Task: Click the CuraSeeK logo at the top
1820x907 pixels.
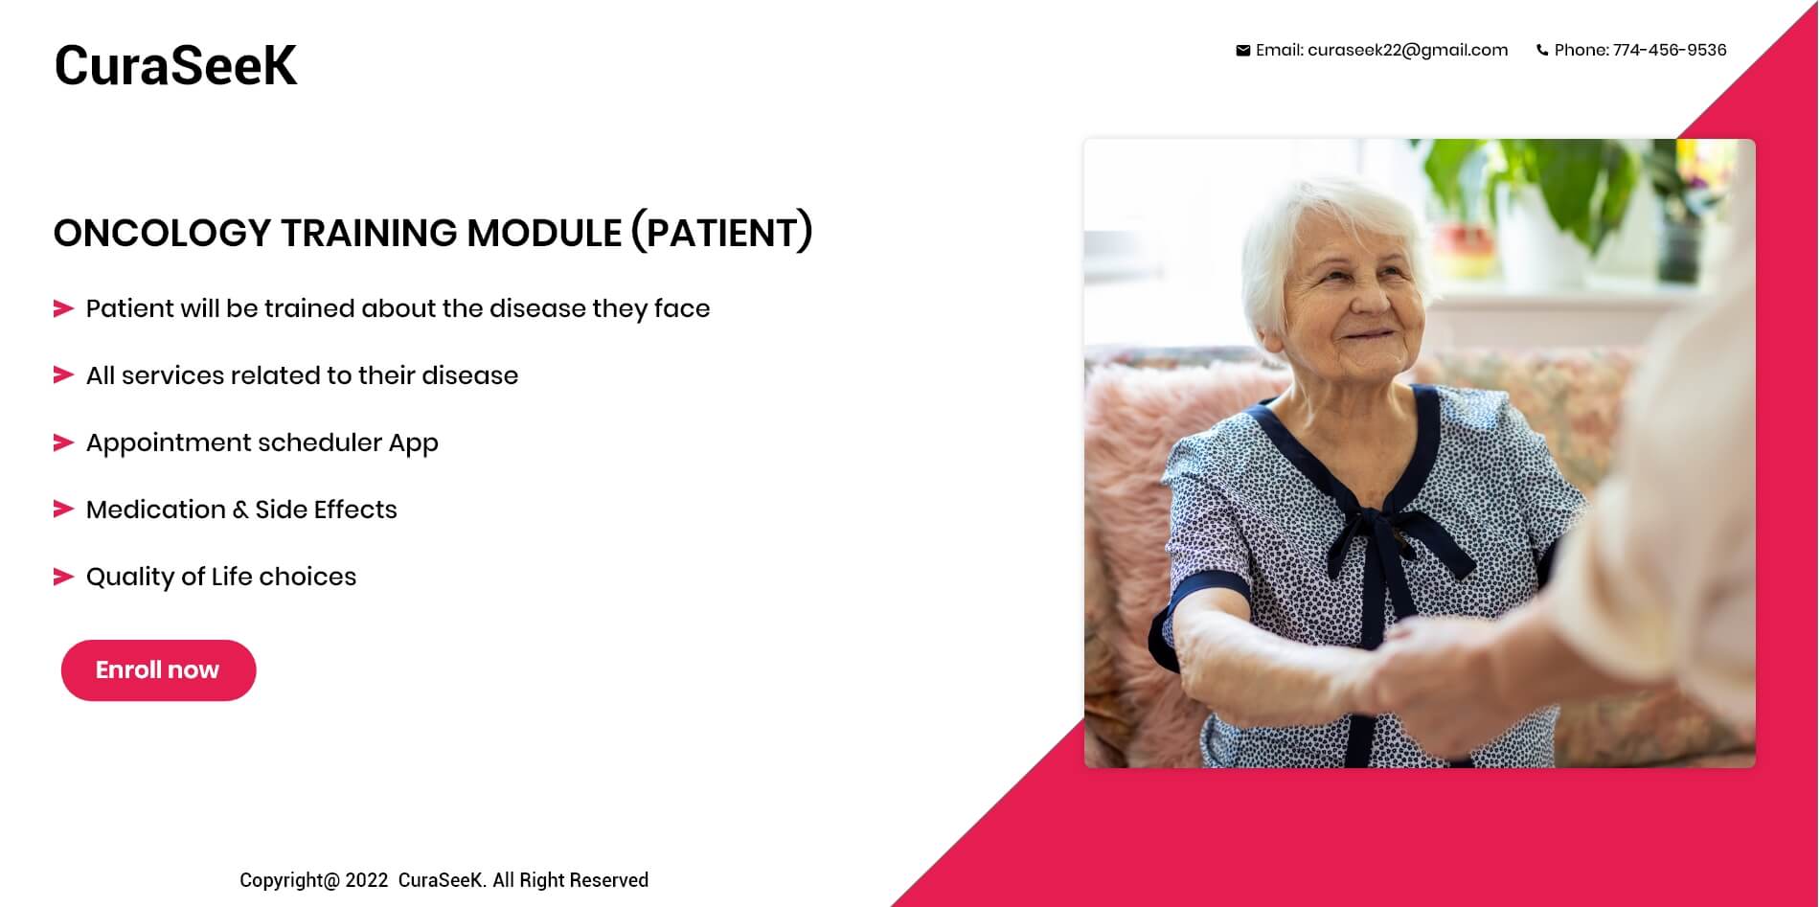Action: pyautogui.click(x=175, y=65)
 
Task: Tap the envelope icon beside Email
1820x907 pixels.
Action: pyautogui.click(x=1242, y=51)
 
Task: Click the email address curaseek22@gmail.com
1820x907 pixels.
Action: pyautogui.click(x=1407, y=51)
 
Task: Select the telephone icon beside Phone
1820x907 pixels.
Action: pyautogui.click(x=1542, y=51)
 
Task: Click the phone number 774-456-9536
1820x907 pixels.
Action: pyautogui.click(x=1670, y=50)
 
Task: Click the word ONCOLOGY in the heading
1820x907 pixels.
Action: pyautogui.click(x=163, y=233)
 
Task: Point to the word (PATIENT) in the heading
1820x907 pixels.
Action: pyautogui.click(x=721, y=233)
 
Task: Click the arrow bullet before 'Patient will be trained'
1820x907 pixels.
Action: pyautogui.click(x=63, y=308)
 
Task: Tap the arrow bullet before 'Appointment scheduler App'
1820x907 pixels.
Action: pyautogui.click(x=63, y=442)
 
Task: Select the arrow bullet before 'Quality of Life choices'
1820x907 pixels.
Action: pyautogui.click(x=63, y=577)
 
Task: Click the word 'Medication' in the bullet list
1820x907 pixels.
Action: pyautogui.click(x=156, y=510)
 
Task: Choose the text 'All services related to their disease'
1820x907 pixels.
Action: pyautogui.click(x=302, y=375)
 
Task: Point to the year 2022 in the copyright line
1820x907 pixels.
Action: pyautogui.click(x=367, y=880)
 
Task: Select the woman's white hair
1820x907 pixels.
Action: pyautogui.click(x=1322, y=239)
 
